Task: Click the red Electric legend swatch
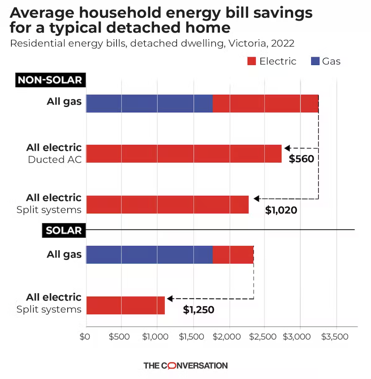click(x=252, y=61)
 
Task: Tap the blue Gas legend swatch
click(x=315, y=61)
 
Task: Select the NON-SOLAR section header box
click(x=50, y=80)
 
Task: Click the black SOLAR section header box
click(x=64, y=230)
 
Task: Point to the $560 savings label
click(x=301, y=159)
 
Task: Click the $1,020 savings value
click(x=281, y=210)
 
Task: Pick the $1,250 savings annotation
click(x=198, y=309)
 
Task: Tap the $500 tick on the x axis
click(x=119, y=337)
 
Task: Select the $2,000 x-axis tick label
click(x=227, y=337)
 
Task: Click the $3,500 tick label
click(x=335, y=337)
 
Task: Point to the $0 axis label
click(x=85, y=337)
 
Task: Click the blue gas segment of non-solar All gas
click(x=149, y=103)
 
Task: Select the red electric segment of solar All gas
click(x=233, y=255)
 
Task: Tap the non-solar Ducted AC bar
click(x=184, y=154)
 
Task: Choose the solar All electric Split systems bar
click(x=125, y=305)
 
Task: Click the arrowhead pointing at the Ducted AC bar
click(x=287, y=148)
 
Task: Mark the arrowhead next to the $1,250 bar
click(x=170, y=299)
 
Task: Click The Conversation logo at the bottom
click(x=185, y=366)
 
